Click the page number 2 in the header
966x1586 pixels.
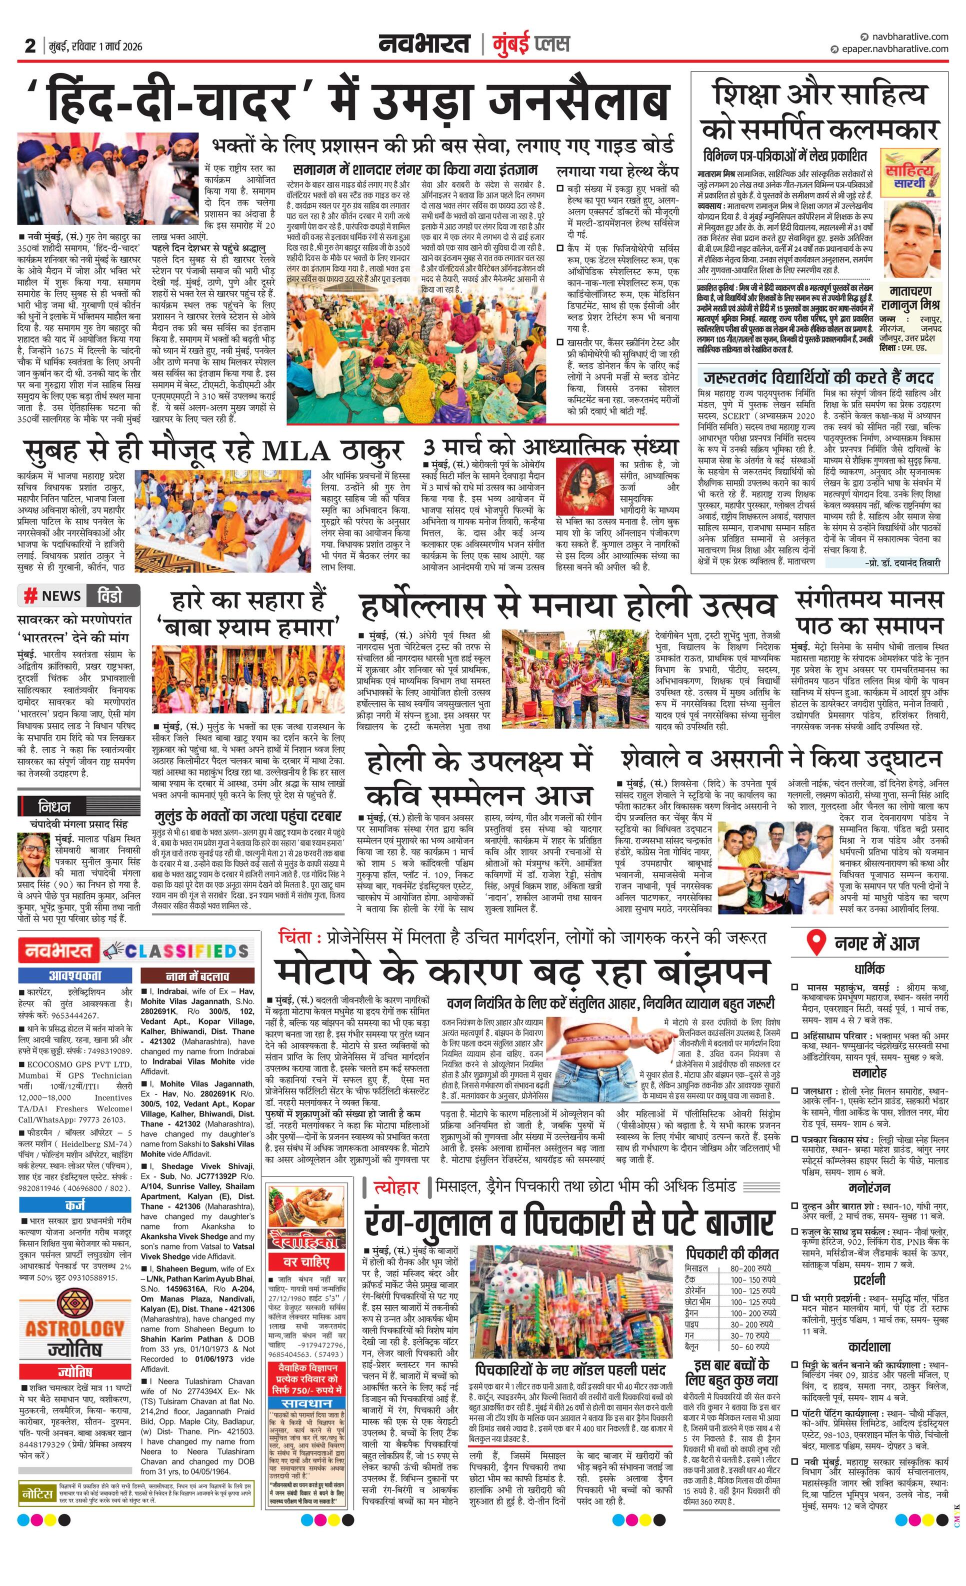[29, 45]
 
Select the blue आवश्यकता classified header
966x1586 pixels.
[74, 975]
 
